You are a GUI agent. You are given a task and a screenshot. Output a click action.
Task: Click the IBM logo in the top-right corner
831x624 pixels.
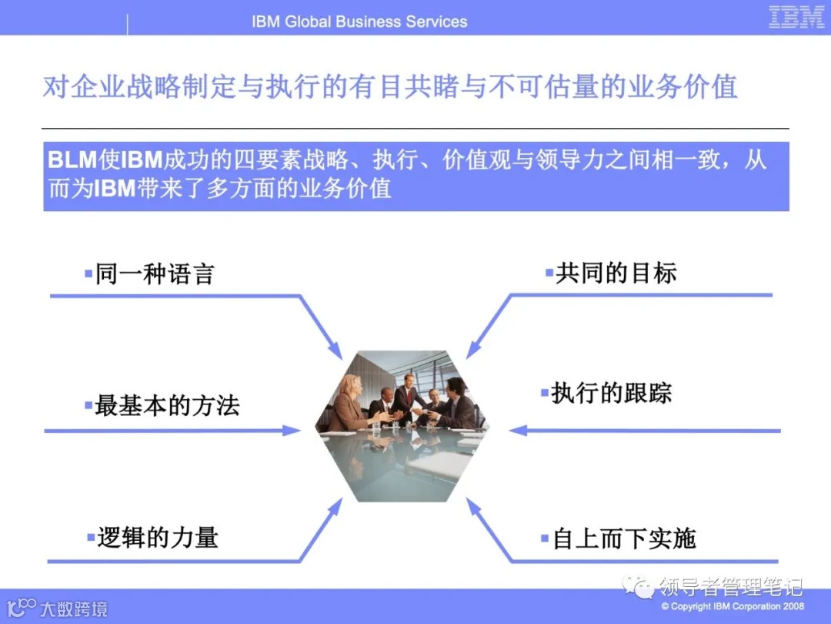796,17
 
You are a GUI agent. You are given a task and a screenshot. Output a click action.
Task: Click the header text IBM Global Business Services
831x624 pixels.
359,22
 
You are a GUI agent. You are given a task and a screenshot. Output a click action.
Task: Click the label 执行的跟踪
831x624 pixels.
611,393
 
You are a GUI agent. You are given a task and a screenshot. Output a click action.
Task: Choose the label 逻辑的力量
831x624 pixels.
158,537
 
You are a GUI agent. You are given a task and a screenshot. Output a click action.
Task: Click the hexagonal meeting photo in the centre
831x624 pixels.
401,426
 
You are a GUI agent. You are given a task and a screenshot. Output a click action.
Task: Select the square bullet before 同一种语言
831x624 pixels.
88,273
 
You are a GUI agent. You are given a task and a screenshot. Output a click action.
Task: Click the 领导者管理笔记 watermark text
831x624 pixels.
731,587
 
